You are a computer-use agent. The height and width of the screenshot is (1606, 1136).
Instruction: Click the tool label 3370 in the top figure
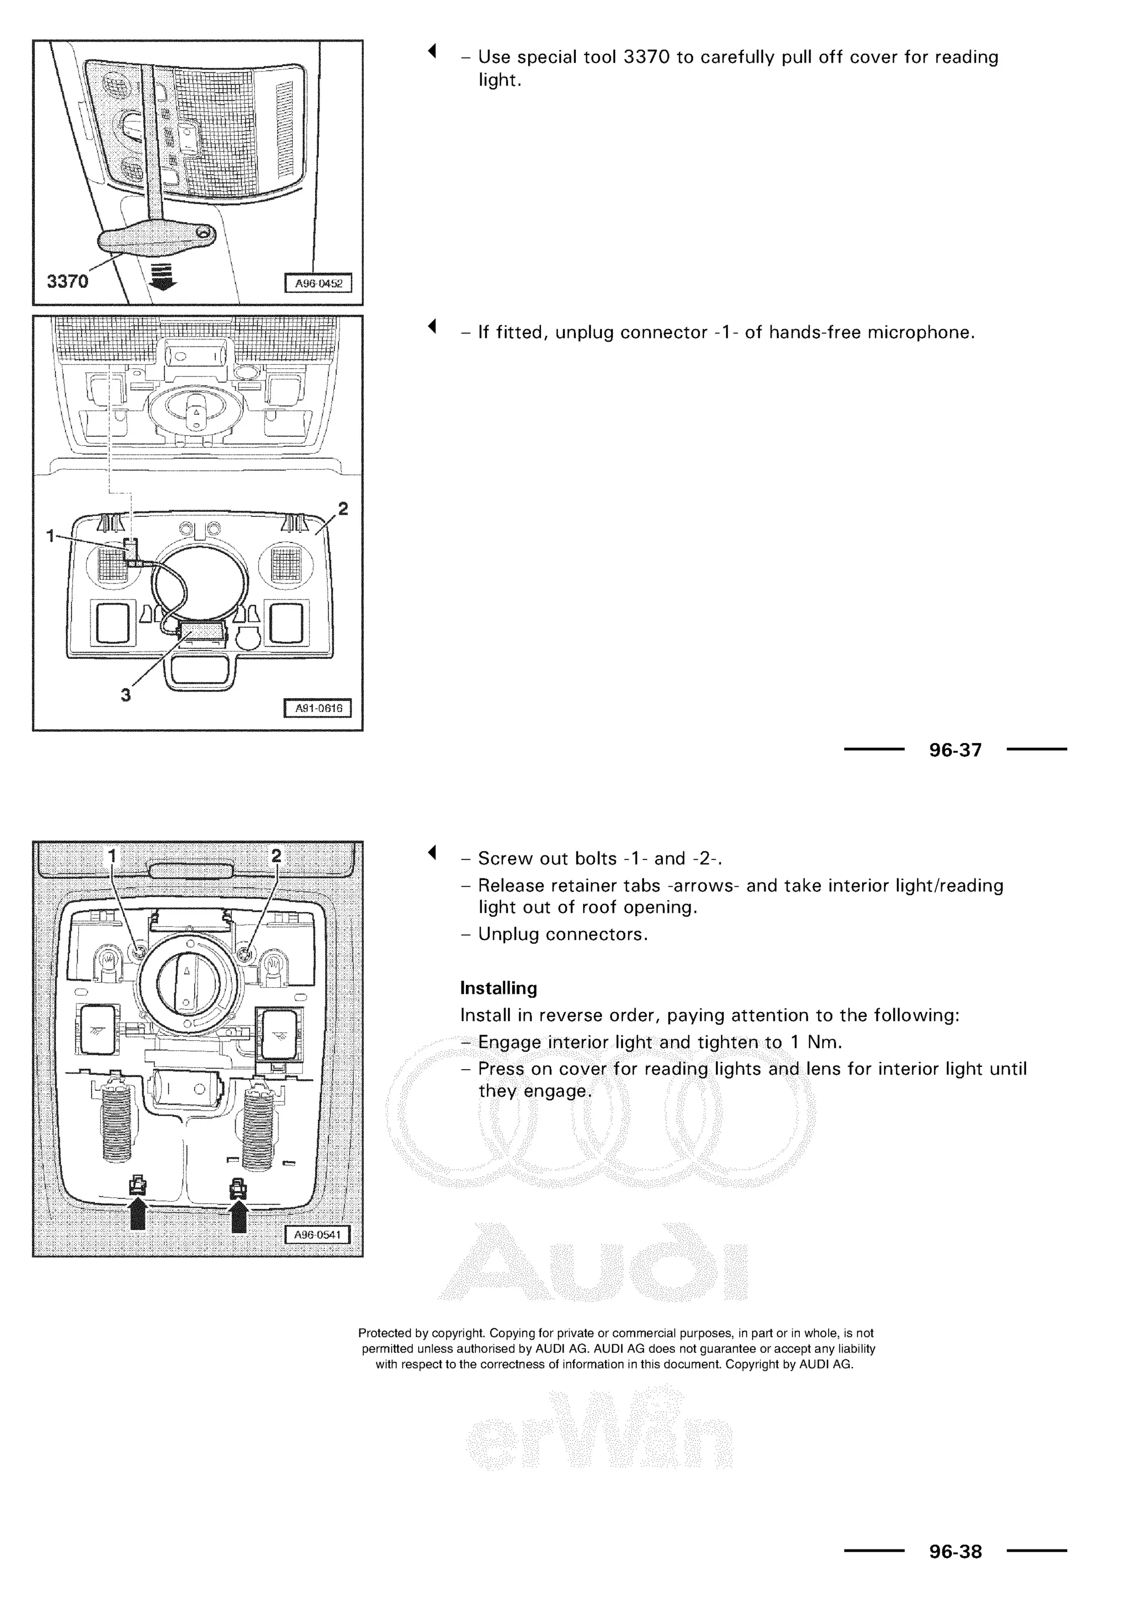click(67, 281)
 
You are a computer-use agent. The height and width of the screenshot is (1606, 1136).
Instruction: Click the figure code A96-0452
click(318, 284)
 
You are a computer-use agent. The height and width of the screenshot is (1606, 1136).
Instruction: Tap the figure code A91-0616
click(318, 709)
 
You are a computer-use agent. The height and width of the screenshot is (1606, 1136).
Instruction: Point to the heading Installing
click(498, 988)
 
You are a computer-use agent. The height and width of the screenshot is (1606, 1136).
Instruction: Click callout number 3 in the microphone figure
click(125, 695)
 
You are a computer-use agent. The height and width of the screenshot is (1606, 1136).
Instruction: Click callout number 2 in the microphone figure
click(343, 509)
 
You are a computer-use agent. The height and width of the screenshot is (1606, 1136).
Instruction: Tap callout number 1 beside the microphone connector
click(50, 536)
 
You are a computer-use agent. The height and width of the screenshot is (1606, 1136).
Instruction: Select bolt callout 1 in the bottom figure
click(112, 856)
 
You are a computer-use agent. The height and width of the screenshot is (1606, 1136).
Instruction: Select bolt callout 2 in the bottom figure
click(276, 856)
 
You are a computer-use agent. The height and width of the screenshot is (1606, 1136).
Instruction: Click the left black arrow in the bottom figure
click(139, 1214)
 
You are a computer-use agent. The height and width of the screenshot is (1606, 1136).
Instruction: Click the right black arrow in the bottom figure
click(239, 1214)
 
